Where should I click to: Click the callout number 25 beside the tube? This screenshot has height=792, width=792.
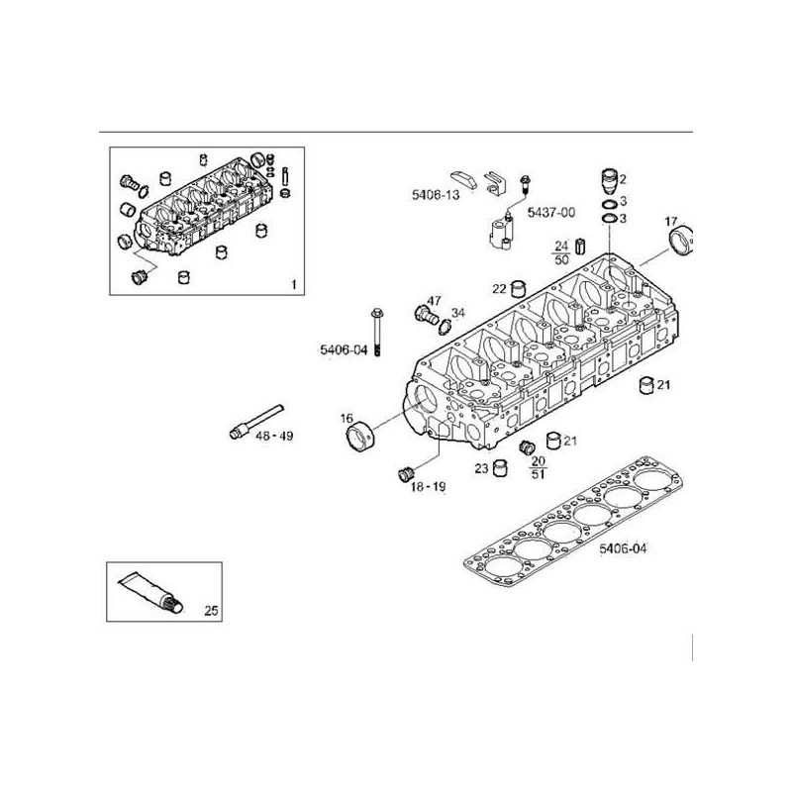[211, 610]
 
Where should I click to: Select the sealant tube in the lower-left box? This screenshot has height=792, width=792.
[151, 593]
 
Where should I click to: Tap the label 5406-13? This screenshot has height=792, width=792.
[436, 195]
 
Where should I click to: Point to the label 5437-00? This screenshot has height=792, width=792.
[551, 212]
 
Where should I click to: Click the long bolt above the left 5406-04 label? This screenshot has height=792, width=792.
[376, 332]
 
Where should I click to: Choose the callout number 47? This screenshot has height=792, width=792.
[434, 301]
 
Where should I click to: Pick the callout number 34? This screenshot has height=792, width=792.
[457, 313]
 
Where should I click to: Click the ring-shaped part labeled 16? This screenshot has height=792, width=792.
[360, 437]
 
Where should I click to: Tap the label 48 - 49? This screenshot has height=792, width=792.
[274, 436]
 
